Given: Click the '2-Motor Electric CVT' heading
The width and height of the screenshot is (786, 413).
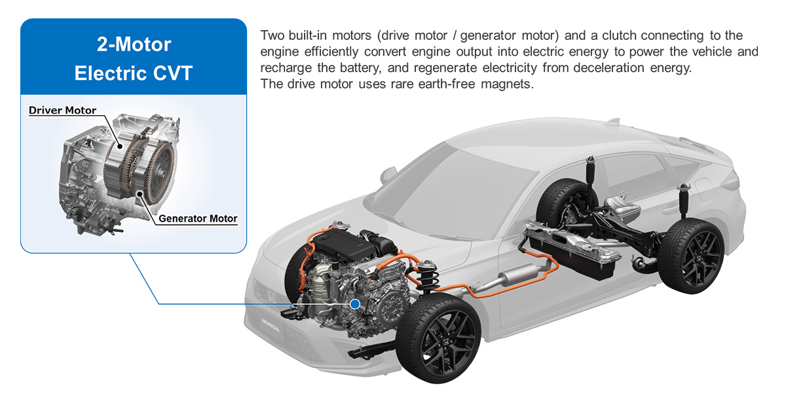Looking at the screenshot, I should pyautogui.click(x=133, y=58).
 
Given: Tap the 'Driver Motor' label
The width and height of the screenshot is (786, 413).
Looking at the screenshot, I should pyautogui.click(x=62, y=111).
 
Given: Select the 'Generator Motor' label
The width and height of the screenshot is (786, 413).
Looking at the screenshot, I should pyautogui.click(x=197, y=218).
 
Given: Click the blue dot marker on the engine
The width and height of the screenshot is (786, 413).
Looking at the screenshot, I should pyautogui.click(x=355, y=304).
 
